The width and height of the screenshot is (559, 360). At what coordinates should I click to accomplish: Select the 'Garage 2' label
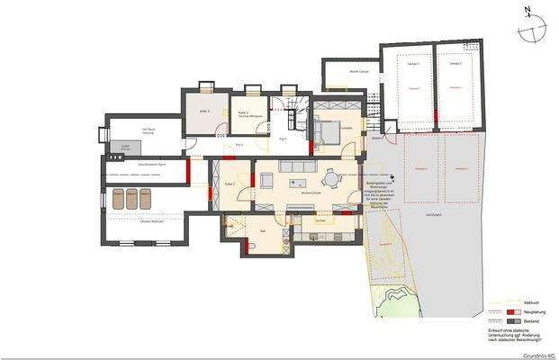455,64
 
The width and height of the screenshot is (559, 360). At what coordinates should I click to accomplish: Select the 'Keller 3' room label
204,111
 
